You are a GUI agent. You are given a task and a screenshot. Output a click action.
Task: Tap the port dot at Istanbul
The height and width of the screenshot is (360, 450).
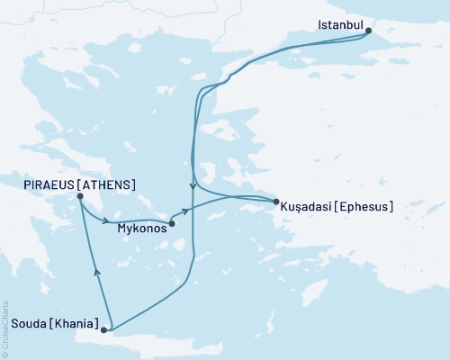[x=368, y=31]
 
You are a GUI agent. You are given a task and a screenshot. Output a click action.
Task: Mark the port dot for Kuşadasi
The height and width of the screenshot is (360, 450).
[x=274, y=202]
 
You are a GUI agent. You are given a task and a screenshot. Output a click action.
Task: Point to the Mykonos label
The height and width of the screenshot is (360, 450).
[x=141, y=229]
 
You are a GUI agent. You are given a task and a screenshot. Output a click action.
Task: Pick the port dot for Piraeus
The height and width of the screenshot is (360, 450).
[x=80, y=197]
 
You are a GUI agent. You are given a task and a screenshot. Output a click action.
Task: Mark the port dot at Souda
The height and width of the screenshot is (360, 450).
[x=104, y=330]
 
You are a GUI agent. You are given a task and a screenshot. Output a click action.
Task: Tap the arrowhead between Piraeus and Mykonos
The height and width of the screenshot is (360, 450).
[x=108, y=220]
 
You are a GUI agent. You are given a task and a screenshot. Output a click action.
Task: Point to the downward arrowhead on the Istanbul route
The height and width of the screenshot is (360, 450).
[x=193, y=187]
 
